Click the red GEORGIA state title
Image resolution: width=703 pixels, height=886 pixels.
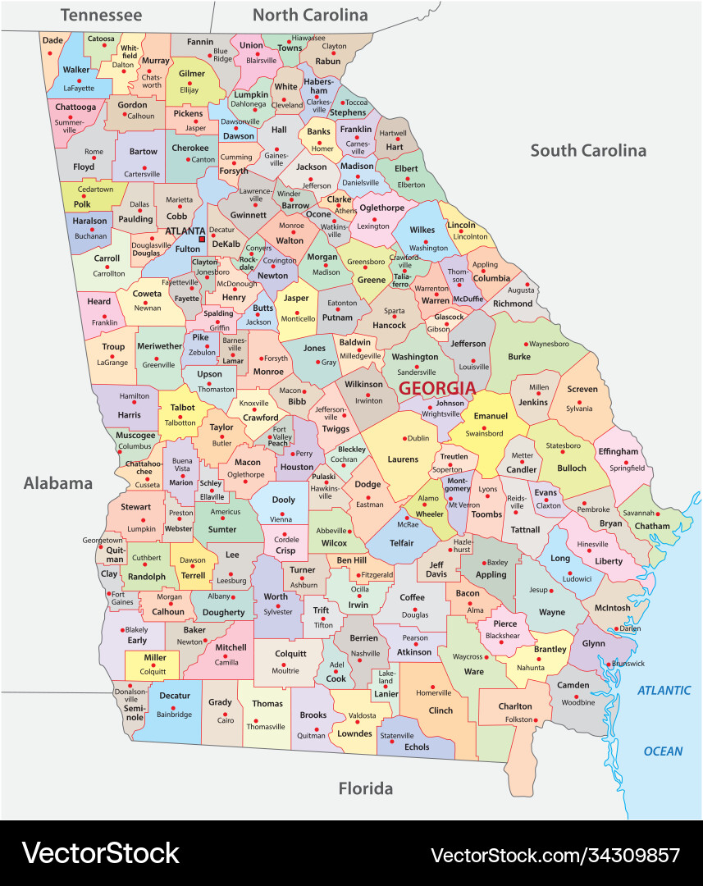[437, 388]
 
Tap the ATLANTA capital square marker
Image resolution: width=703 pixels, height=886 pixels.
[203, 240]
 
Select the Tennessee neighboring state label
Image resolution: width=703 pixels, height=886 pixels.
[101, 15]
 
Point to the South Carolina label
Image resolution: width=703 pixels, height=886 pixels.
[587, 150]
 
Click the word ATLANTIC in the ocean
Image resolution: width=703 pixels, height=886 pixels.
[664, 690]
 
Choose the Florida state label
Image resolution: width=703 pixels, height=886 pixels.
[366, 789]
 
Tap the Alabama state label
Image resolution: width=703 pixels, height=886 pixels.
[57, 482]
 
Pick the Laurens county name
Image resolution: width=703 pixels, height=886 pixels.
[403, 459]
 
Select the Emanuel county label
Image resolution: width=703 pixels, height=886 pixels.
[491, 416]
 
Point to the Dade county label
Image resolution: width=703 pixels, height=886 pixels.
[52, 40]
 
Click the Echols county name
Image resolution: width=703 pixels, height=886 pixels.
[417, 747]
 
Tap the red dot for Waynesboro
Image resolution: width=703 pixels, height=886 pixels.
[527, 344]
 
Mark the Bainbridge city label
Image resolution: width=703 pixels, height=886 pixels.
[175, 715]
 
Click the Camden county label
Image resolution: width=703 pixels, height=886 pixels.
[573, 685]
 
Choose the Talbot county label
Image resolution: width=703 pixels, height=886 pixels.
[182, 408]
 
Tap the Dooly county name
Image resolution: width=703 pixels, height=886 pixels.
[283, 500]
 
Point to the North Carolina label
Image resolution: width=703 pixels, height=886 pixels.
[310, 15]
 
